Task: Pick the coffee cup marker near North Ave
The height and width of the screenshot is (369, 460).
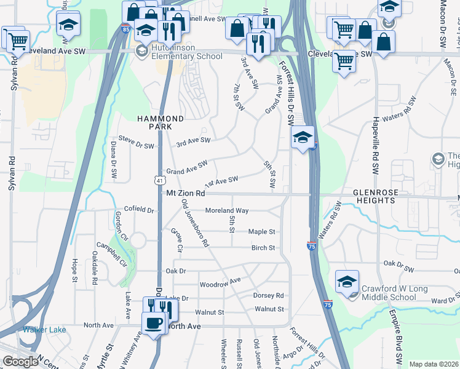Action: (153, 322)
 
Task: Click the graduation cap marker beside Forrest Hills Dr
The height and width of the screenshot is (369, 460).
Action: (303, 137)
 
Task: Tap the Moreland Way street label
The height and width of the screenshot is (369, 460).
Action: (226, 210)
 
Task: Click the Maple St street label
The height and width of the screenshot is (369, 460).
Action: (261, 232)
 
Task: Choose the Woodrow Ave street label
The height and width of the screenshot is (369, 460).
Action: (220, 283)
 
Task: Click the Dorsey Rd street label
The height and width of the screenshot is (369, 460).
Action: (268, 295)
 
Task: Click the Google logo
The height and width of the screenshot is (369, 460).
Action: (20, 362)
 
